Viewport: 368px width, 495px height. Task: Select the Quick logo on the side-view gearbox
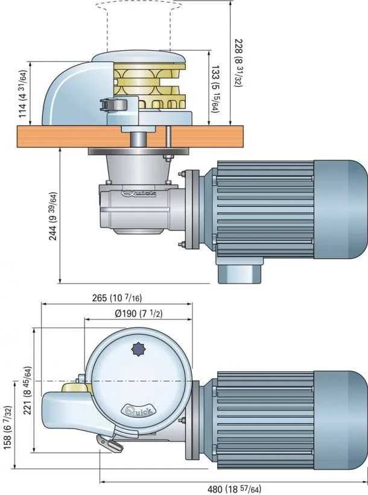tap(139, 194)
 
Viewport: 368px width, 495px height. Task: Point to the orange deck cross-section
tap(48, 136)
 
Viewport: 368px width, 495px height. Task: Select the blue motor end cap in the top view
tap(341, 411)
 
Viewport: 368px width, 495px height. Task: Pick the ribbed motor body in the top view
tap(265, 411)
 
